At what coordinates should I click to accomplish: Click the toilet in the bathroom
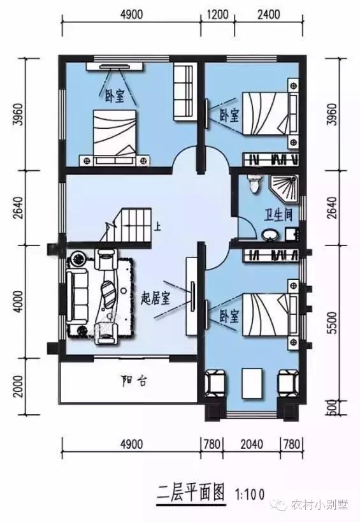(255, 184)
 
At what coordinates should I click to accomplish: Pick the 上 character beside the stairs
(157, 224)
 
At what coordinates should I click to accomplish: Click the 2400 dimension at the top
(269, 14)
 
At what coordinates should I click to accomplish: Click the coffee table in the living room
(111, 297)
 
